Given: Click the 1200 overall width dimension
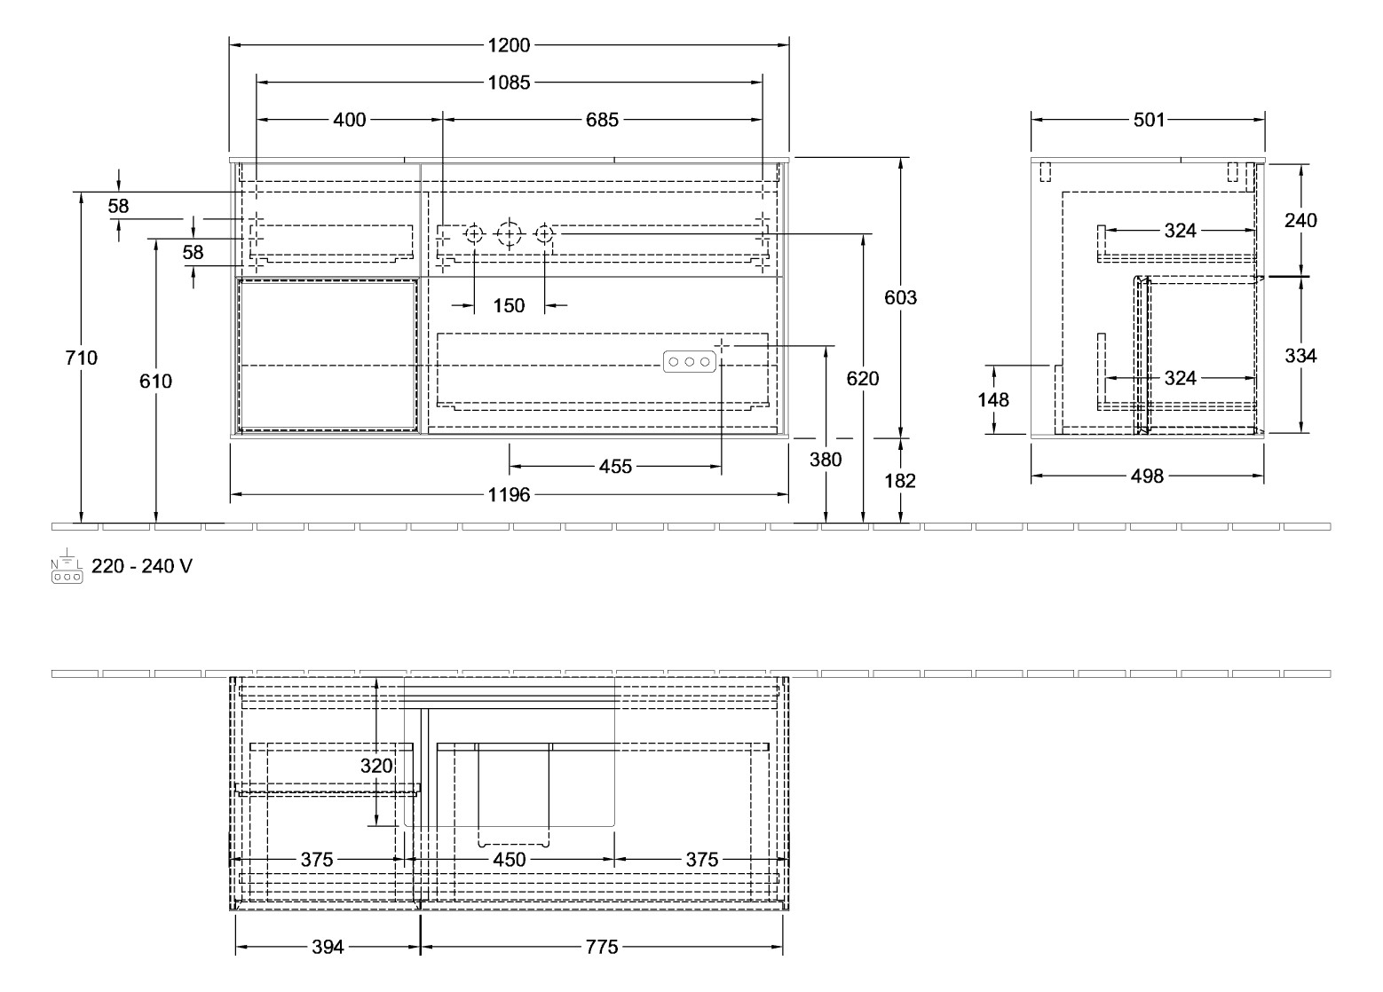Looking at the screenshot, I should [509, 45].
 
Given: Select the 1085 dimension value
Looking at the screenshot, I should [509, 83].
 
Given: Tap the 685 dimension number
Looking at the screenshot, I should [602, 120].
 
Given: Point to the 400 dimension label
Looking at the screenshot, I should [349, 120].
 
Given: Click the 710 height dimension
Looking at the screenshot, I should [82, 358].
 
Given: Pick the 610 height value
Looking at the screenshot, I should [156, 382].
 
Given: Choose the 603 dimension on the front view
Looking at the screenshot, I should [901, 298].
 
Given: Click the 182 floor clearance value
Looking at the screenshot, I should [901, 480].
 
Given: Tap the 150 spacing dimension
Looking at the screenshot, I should [509, 306].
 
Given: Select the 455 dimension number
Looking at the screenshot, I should [615, 467].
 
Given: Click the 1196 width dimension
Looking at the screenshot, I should [509, 495].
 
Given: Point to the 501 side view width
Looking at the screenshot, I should [1148, 120].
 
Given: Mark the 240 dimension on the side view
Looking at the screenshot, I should [1300, 220].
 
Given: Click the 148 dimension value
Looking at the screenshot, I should [993, 400].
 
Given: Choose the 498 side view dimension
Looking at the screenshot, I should [1147, 477].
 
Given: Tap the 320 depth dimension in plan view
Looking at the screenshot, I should [377, 765].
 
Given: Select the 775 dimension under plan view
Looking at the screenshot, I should [601, 948].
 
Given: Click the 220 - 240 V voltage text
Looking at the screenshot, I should [142, 566].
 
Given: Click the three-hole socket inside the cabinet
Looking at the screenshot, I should [688, 361].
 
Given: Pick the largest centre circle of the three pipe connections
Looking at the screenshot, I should [509, 234].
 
